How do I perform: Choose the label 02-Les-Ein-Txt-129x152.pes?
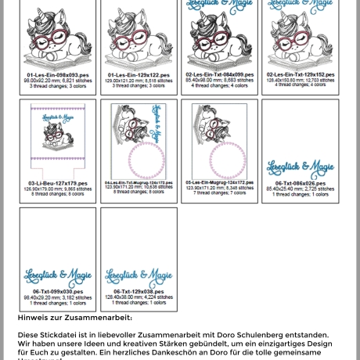coord(301,75)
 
